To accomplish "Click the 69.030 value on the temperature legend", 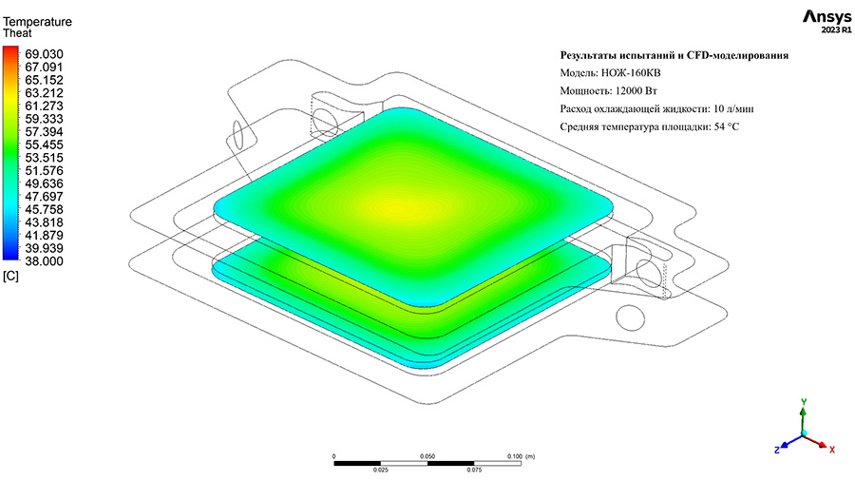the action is click(44, 54).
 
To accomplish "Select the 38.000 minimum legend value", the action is click(44, 261).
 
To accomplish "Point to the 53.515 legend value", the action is click(44, 158).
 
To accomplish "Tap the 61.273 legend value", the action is click(44, 106).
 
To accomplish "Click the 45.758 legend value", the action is click(44, 209).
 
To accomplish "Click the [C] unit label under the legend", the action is click(10, 276).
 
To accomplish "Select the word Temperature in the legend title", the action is click(37, 22).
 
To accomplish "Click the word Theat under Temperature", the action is click(17, 32).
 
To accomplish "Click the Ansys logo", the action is click(826, 17).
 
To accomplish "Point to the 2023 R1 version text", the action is click(836, 30).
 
